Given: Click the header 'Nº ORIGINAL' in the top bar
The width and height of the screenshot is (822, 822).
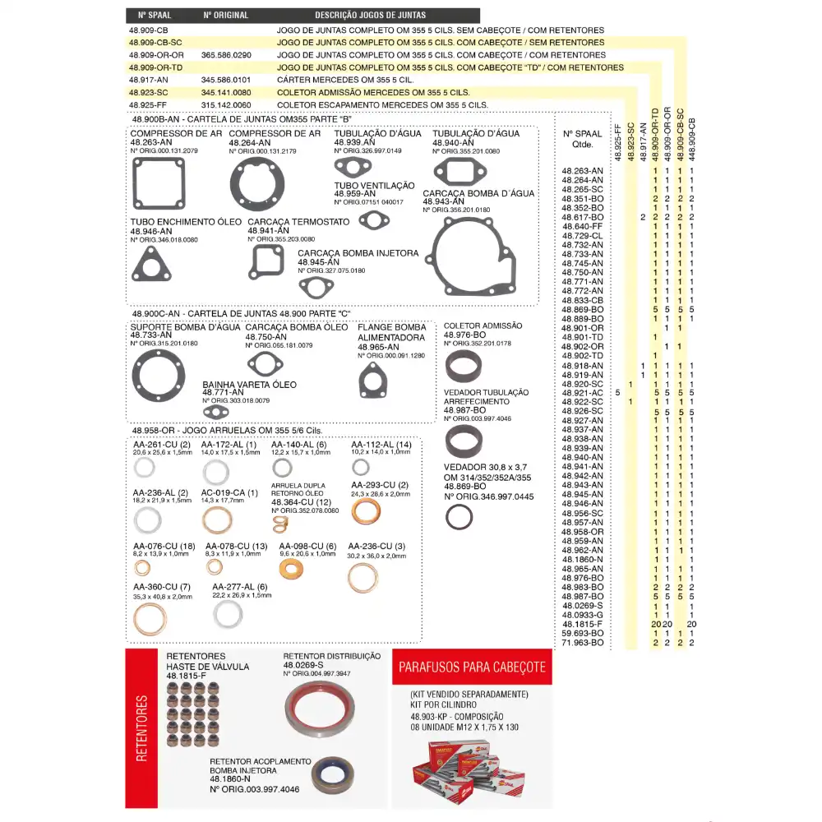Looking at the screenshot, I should (226, 16).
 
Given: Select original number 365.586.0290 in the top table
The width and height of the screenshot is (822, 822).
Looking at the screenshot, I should (226, 54).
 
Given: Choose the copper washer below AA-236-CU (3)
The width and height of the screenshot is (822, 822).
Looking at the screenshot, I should (363, 578).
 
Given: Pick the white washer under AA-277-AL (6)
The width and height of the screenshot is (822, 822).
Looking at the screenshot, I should (228, 614).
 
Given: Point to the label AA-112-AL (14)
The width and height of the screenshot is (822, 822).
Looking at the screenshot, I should (381, 444).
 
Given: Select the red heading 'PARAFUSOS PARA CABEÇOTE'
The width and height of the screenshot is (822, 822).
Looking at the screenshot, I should (472, 667).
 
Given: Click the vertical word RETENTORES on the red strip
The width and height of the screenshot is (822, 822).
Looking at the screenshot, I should (141, 728).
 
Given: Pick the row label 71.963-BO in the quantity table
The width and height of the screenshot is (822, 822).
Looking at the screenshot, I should (583, 642).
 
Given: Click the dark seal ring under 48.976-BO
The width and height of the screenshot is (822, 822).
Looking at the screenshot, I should (459, 367).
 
